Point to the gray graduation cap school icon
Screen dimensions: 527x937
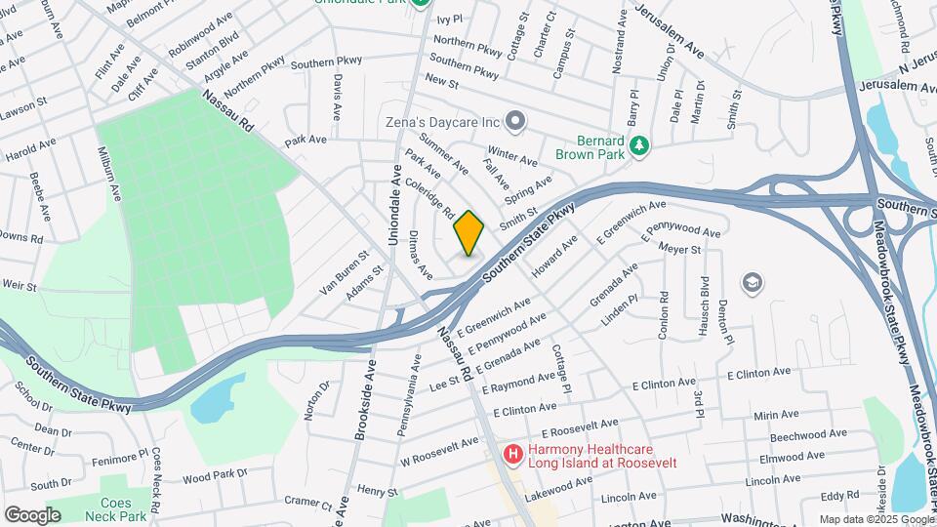pos(752,283)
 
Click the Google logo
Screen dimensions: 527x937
pos(32,514)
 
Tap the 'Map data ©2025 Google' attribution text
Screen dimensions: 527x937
pos(876,519)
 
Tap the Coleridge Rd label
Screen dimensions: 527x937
pos(436,197)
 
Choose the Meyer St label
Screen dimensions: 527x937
pos(680,250)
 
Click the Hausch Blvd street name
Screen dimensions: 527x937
pos(702,308)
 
